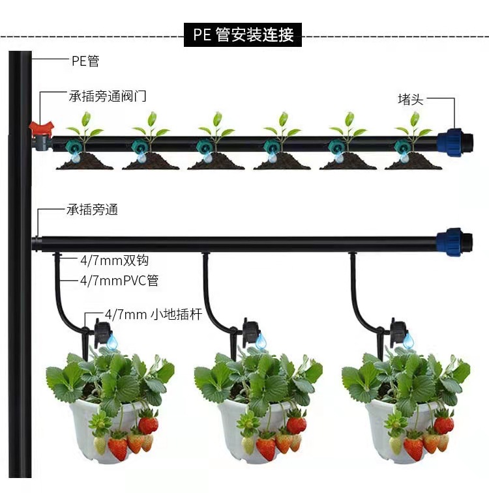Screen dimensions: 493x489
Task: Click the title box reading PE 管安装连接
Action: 243,34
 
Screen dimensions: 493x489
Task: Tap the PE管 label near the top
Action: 85,61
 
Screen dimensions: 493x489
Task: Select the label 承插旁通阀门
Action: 108,96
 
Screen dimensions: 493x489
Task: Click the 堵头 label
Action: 411,99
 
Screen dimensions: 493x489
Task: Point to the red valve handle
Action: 40,125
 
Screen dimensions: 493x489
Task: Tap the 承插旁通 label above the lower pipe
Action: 92,210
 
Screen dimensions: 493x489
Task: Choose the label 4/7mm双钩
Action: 114,261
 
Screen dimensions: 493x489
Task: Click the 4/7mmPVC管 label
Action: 119,281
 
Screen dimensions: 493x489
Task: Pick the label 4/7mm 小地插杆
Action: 153,315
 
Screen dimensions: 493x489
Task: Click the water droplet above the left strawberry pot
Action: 112,341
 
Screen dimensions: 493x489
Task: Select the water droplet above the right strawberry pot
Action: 409,341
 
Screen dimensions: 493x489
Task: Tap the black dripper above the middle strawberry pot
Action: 249,332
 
